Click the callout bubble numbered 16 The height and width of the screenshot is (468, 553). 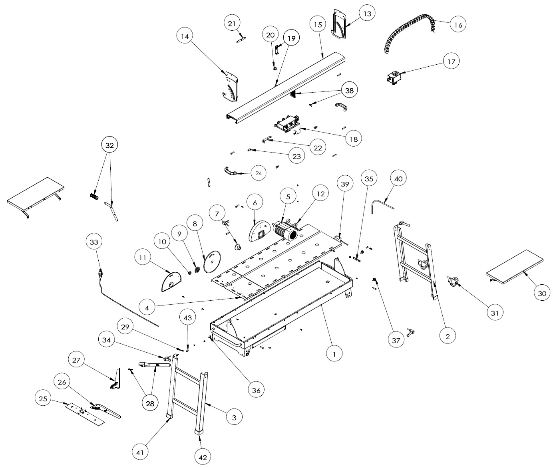click(x=458, y=25)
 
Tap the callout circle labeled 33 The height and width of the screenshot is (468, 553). click(x=94, y=242)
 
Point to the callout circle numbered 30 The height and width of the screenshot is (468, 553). click(x=541, y=293)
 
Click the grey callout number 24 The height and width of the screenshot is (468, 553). click(x=259, y=173)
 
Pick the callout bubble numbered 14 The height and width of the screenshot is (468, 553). click(x=185, y=36)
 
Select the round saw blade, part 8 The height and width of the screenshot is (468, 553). click(x=212, y=262)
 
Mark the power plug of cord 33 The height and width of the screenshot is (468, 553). click(x=101, y=273)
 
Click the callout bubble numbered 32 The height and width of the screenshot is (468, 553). click(x=109, y=145)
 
